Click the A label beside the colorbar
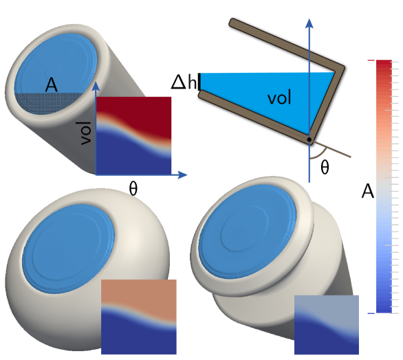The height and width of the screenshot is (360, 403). (x=368, y=192)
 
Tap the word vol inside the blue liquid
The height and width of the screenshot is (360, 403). (x=279, y=98)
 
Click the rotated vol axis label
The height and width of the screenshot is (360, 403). (x=85, y=133)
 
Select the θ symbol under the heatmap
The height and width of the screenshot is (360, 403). (x=133, y=188)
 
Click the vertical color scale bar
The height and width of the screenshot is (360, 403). (x=384, y=185)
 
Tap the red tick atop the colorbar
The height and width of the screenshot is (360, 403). (x=371, y=61)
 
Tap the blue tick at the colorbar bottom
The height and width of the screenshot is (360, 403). (x=371, y=313)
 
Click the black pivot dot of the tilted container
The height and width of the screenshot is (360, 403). (x=309, y=139)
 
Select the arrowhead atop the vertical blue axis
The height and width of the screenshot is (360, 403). (x=309, y=24)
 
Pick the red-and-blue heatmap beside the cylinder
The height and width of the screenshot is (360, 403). (x=133, y=135)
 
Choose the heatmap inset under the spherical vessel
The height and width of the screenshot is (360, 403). (x=138, y=316)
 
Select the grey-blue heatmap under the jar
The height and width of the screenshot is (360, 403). (x=327, y=325)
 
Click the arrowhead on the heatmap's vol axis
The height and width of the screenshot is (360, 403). (x=96, y=86)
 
